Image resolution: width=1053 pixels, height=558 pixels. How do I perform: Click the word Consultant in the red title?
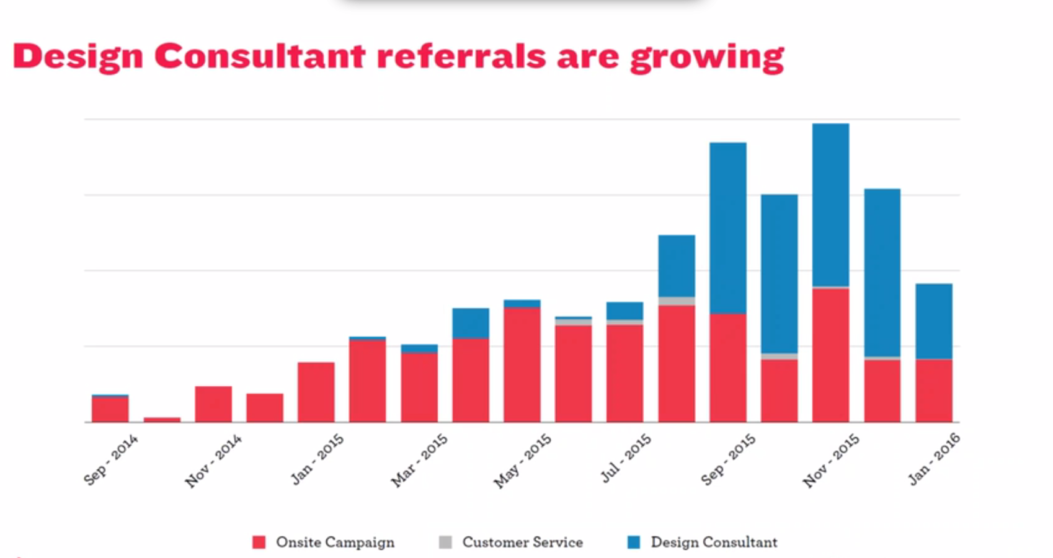click(x=259, y=57)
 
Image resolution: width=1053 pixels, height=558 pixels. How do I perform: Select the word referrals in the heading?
click(x=461, y=57)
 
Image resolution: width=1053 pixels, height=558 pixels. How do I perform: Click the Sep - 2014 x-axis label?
click(x=111, y=459)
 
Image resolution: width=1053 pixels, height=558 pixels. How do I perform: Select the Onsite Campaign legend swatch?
click(x=259, y=542)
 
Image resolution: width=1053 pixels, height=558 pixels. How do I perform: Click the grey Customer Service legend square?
click(x=445, y=542)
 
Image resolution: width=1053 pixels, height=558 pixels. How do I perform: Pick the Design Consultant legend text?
click(x=714, y=542)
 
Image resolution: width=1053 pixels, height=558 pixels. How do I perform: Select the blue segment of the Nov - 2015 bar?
click(x=831, y=205)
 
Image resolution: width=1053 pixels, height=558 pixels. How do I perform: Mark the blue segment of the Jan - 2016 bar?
click(x=934, y=321)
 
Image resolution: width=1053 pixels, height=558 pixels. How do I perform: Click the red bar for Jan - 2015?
click(x=316, y=392)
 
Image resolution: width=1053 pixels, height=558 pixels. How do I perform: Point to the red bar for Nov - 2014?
click(x=213, y=404)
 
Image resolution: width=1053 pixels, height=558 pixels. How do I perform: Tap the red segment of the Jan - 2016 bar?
click(x=934, y=391)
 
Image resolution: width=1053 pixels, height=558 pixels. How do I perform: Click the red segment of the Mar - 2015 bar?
click(x=419, y=387)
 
